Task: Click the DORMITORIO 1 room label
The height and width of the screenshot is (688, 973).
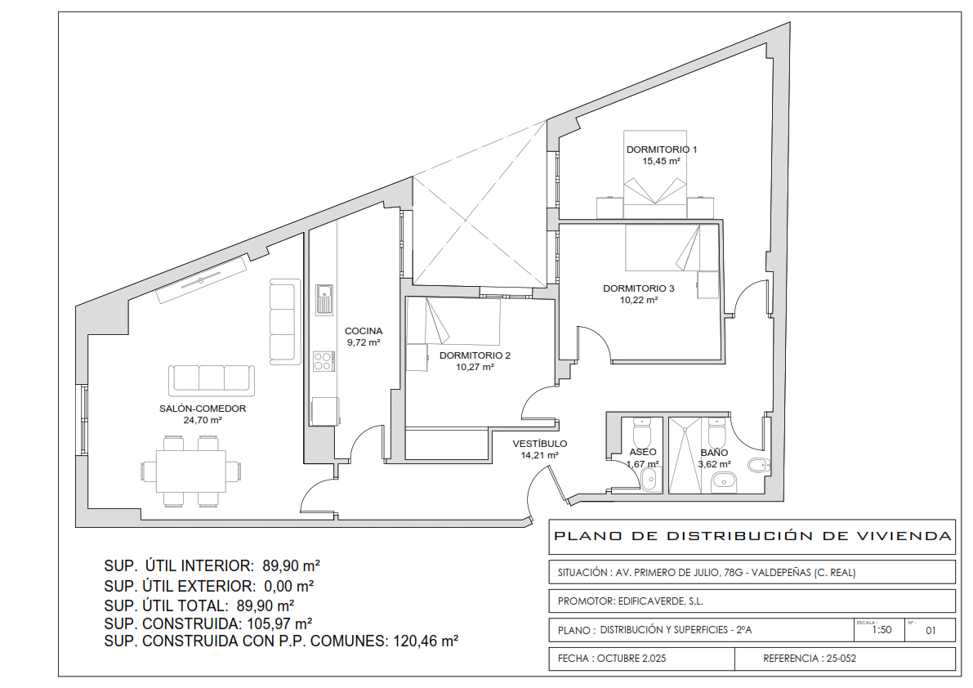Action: pos(662,150)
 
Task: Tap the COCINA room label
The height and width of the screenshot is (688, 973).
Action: pos(364,331)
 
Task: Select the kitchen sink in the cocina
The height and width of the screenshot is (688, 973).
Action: pos(324,300)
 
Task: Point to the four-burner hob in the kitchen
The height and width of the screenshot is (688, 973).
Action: pos(324,360)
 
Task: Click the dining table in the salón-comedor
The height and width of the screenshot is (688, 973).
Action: pos(190,471)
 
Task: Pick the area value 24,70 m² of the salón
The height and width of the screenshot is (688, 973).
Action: pos(203,420)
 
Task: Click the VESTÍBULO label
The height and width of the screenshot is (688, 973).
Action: pos(540,444)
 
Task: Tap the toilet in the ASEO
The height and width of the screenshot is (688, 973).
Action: pos(641,430)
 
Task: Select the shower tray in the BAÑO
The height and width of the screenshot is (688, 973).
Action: pos(685,455)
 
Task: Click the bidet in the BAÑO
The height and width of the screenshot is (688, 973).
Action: pos(759,465)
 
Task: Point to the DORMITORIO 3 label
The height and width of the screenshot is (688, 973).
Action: pos(639,288)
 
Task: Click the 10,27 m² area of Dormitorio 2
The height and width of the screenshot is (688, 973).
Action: pos(475,367)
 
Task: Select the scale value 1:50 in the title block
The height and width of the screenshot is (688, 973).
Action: pos(882,630)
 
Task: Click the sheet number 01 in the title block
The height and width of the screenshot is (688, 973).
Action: pos(931,630)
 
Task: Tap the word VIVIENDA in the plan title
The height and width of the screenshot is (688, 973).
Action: pos(904,535)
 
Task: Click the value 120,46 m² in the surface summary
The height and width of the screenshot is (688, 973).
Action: pos(426,641)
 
